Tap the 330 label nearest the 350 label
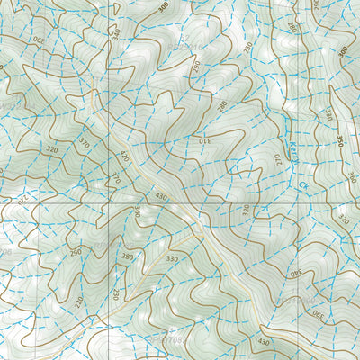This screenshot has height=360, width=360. pyautogui.click(x=328, y=114)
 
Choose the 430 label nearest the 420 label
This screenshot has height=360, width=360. pyautogui.click(x=161, y=195)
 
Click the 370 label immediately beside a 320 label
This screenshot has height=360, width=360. pyautogui.click(x=85, y=143)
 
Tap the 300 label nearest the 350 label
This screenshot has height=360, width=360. pyautogui.click(x=343, y=51)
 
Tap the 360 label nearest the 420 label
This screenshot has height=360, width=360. pyautogui.click(x=137, y=211)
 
